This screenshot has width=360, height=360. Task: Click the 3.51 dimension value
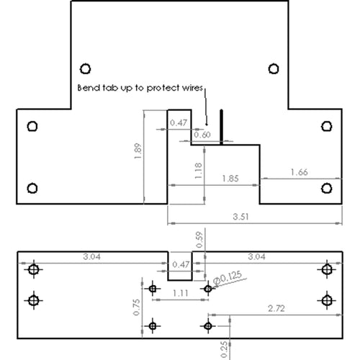point(240,217)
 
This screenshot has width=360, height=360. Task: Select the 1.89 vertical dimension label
point(138,151)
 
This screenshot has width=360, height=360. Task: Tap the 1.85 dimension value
point(230,179)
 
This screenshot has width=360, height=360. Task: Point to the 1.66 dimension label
point(299,172)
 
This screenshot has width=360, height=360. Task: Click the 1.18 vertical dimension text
point(198,171)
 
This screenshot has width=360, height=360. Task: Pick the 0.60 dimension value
point(202,135)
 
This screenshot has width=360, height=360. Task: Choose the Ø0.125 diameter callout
point(228,279)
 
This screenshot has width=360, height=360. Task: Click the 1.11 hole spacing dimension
point(181,293)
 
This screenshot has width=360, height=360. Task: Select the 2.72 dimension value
point(276,308)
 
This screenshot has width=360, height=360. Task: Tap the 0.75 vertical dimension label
point(136,307)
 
